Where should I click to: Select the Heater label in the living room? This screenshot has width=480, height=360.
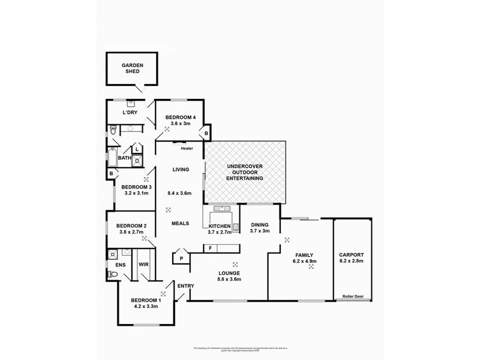pyautogui.click(x=186, y=148)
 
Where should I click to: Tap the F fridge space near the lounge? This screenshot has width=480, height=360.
pyautogui.click(x=211, y=248)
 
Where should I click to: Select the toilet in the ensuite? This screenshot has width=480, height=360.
pyautogui.click(x=111, y=274)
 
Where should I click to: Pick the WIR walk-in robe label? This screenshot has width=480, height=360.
pyautogui.click(x=144, y=263)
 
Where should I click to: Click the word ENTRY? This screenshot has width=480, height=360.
pyautogui.click(x=185, y=286)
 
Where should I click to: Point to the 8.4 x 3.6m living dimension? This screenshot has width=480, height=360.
pyautogui.click(x=181, y=193)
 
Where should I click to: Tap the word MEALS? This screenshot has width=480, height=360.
pyautogui.click(x=180, y=223)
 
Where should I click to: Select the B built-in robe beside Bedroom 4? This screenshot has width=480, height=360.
pyautogui.click(x=206, y=133)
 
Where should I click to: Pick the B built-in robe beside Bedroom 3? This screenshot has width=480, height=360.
pyautogui.click(x=111, y=174)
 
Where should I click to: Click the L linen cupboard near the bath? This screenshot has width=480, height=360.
pyautogui.click(x=137, y=149)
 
